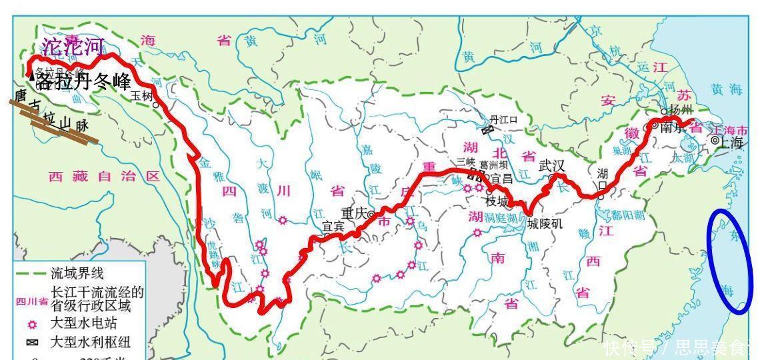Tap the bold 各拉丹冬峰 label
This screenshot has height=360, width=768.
83,82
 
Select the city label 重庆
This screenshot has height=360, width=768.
355,213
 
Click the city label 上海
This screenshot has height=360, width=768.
731,142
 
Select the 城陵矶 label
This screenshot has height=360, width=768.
545,224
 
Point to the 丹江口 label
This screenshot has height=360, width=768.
503,119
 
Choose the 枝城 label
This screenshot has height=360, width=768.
497,201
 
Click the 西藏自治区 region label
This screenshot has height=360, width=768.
105,177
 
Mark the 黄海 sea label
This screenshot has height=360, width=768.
727,90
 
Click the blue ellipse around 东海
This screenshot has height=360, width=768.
731,261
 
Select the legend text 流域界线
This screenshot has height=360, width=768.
77,273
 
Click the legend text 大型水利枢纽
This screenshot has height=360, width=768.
91,343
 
